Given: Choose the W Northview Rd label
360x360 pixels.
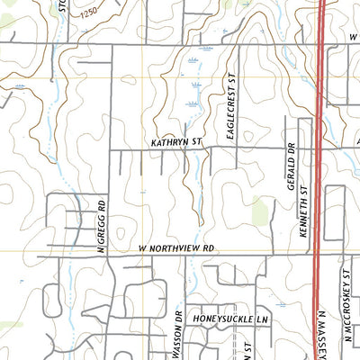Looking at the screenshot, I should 180,247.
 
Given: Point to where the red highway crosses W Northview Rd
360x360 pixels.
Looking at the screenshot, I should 317,255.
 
